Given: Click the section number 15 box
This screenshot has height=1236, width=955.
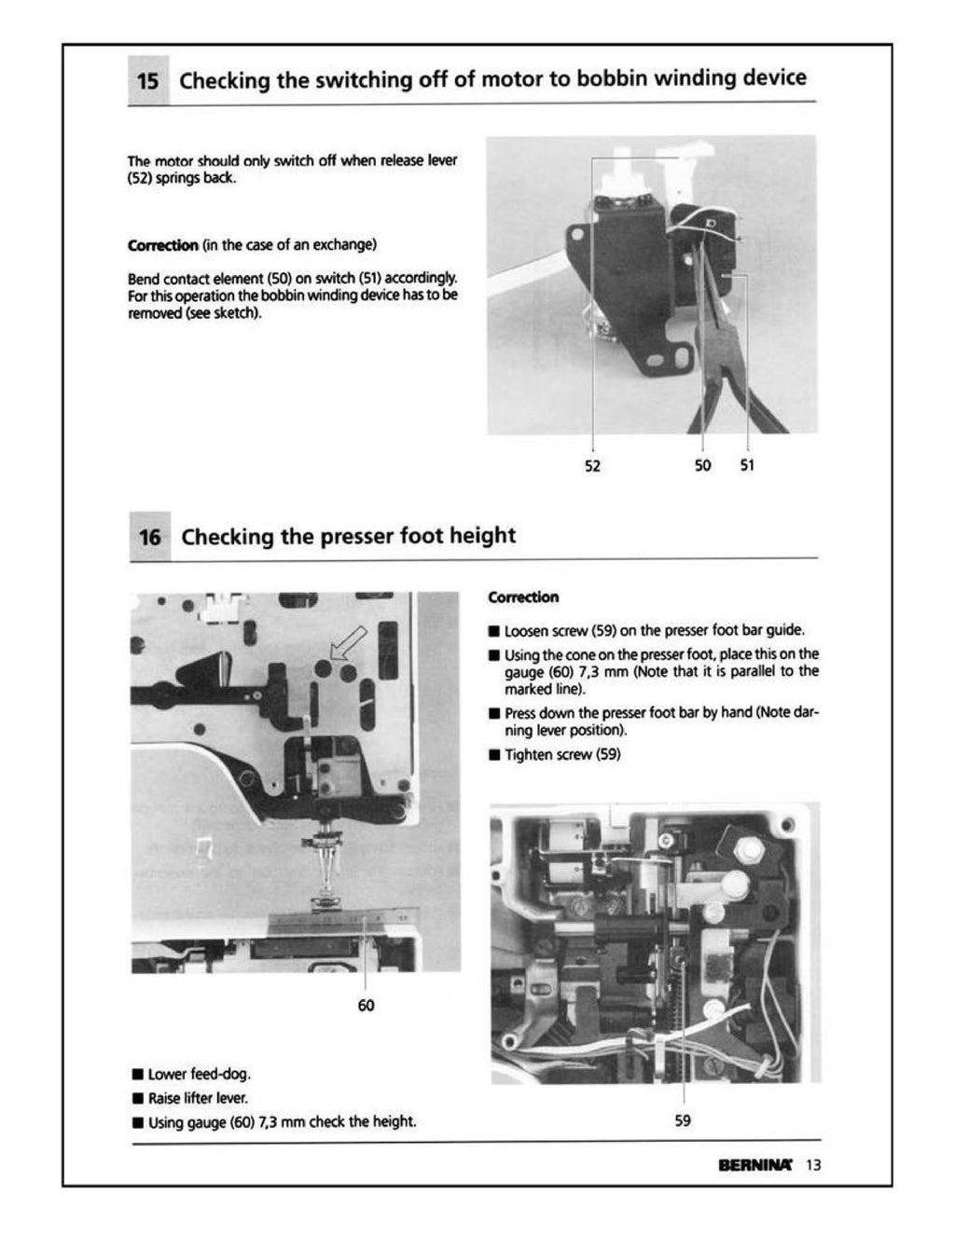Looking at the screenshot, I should (147, 81).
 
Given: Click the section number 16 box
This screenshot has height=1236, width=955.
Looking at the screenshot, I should (149, 538).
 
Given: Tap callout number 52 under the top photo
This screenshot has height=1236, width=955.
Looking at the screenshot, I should (592, 465).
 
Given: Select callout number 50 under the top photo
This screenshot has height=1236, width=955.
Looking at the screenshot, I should (702, 465).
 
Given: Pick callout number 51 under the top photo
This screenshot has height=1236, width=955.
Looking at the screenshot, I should (747, 465).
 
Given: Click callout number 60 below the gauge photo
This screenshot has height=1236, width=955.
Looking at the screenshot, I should (366, 1006).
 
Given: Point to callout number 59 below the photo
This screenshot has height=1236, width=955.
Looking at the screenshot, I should (683, 1120).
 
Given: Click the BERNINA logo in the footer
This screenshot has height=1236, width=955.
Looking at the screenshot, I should (755, 1164).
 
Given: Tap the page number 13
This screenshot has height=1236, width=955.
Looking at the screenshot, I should (813, 1164).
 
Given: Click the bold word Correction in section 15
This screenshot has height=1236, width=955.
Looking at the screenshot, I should (162, 245).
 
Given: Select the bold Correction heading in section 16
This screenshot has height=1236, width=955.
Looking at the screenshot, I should (523, 597).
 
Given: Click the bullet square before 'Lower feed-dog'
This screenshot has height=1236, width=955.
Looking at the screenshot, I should (137, 1074).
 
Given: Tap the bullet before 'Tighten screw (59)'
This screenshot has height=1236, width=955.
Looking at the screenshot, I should (494, 755).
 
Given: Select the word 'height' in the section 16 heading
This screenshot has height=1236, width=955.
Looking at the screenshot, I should (482, 536).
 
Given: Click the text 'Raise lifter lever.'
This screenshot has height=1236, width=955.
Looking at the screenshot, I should (198, 1098).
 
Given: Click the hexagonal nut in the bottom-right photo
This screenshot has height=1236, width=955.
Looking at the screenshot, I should (749, 850).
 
